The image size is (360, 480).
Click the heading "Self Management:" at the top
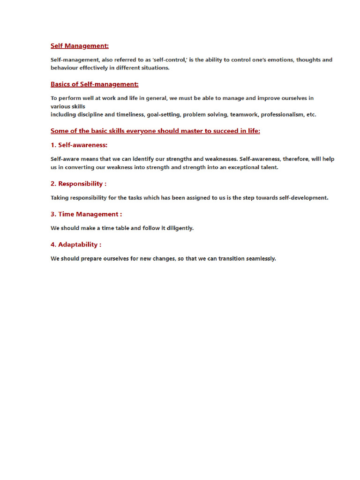pyautogui.click(x=80, y=46)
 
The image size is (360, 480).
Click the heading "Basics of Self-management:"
pyautogui.click(x=94, y=84)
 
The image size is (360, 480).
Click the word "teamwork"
pyautogui.click(x=244, y=114)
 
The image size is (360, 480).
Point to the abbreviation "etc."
pyautogui.click(x=311, y=114)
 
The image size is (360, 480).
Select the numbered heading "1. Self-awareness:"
pyautogui.click(x=79, y=145)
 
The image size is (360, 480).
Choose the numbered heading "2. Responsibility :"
pyautogui.click(x=78, y=184)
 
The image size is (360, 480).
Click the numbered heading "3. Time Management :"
pyautogui.click(x=86, y=214)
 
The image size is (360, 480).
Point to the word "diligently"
pyautogui.click(x=180, y=228)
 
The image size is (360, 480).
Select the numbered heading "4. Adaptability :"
pyautogui.click(x=76, y=245)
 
